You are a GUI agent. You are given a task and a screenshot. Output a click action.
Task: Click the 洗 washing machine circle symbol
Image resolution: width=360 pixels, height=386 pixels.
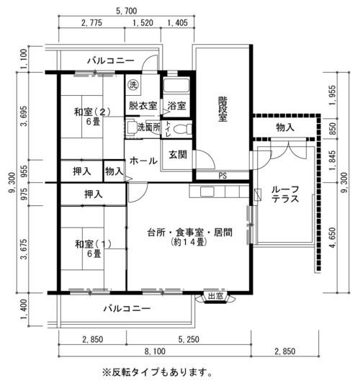point(133,85)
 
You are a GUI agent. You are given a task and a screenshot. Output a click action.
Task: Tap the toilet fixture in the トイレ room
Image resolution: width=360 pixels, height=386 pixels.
point(182,129)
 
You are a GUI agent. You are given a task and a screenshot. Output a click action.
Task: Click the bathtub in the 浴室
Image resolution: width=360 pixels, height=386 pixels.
point(176,85)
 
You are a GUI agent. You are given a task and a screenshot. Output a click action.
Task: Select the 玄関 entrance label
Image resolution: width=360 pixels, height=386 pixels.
point(178,155)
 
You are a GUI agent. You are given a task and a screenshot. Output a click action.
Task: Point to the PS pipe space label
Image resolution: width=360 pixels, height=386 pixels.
point(222,176)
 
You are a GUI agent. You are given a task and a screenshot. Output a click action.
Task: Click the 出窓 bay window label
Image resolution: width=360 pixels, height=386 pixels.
point(215,296)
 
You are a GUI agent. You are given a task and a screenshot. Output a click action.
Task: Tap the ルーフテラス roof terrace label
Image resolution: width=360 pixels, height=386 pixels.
point(285,194)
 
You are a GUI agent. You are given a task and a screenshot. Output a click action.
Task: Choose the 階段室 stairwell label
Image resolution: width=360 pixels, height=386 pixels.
point(223,109)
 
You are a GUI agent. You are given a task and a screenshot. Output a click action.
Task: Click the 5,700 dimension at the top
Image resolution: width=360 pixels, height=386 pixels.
point(126,11)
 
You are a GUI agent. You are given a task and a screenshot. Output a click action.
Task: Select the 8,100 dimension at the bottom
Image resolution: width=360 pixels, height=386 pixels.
point(155,351)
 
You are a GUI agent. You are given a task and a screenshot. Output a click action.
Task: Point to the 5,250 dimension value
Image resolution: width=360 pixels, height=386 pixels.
point(189,339)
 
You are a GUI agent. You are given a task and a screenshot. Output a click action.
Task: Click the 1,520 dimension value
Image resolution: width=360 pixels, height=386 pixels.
point(143,23)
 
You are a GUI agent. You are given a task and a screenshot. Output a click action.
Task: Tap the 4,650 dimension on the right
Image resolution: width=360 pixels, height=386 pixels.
point(332,238)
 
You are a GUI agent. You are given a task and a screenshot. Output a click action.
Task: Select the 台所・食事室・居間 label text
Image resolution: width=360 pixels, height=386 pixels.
point(189,233)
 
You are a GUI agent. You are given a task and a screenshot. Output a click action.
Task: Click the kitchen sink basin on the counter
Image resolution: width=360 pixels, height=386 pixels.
point(207,192)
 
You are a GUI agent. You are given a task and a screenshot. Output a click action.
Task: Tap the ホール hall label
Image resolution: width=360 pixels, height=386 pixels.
point(143,161)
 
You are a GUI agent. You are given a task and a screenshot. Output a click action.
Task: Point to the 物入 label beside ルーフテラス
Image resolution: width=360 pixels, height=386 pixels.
point(285,127)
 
